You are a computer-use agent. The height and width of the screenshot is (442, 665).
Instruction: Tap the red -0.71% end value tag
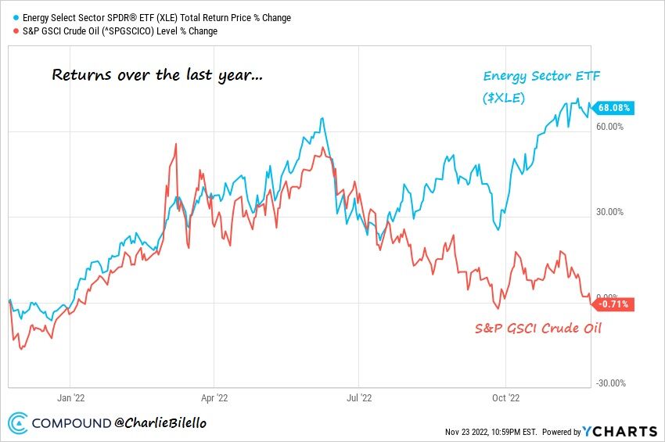(x=613, y=304)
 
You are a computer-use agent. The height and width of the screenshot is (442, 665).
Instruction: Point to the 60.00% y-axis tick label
(x=611, y=127)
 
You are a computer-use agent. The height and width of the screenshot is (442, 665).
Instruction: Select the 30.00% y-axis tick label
(x=611, y=212)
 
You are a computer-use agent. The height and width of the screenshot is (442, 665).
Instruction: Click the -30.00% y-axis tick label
(x=610, y=383)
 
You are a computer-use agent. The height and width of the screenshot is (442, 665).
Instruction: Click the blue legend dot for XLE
(x=9, y=18)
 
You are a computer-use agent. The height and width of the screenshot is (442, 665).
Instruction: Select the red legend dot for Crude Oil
(x=9, y=31)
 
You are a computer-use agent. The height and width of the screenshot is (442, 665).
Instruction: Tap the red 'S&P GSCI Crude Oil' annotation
(x=538, y=328)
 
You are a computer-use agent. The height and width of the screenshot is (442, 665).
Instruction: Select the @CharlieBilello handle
(x=160, y=423)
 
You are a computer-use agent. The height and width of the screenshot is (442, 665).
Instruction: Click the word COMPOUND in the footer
(x=71, y=423)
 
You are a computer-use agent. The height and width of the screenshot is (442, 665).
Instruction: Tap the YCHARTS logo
(x=619, y=431)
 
